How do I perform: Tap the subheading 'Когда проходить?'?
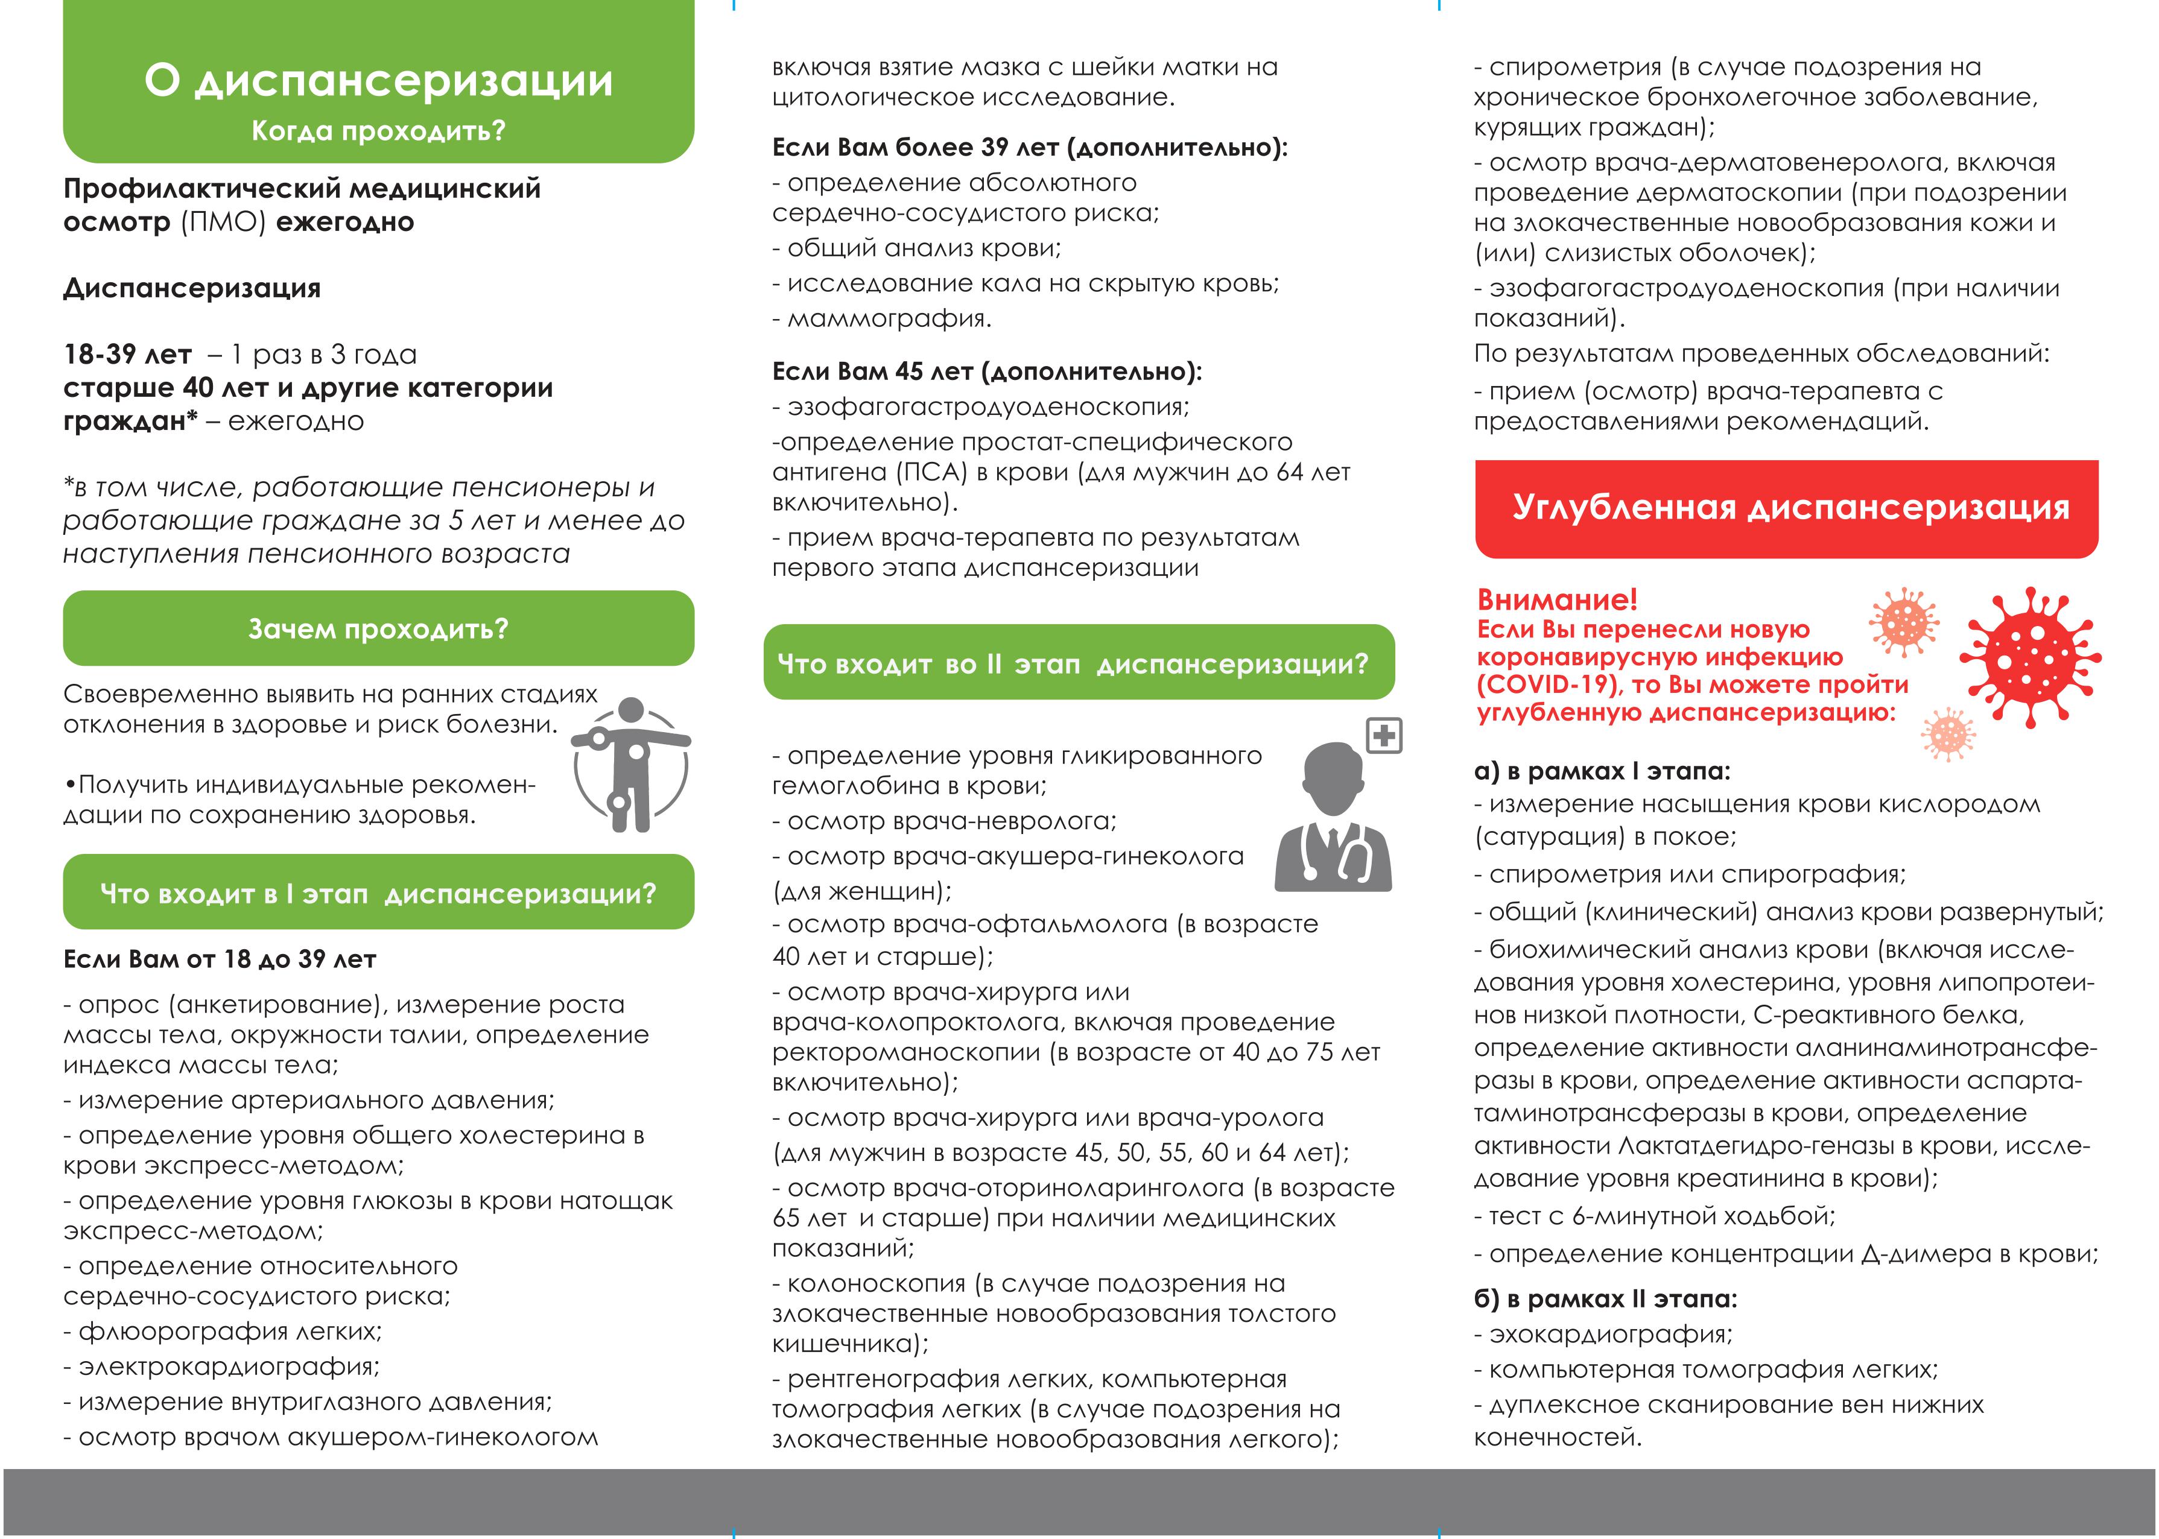point(378,130)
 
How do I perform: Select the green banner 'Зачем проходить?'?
point(378,628)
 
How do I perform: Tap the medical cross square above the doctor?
point(1384,735)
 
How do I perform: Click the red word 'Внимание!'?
point(1557,599)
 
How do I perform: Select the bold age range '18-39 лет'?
point(128,355)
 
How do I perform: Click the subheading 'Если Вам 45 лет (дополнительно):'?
point(987,371)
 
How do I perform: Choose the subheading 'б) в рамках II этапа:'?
point(1605,1298)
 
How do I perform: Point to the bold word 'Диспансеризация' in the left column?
point(192,288)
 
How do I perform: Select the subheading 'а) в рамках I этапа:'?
point(1602,771)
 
